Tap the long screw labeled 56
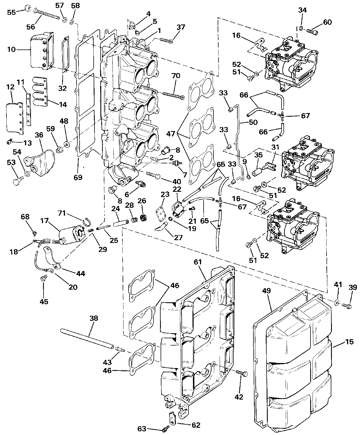click(x=47, y=14)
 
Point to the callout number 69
click(x=78, y=177)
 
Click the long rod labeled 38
click(x=87, y=338)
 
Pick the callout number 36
click(x=39, y=135)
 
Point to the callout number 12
click(x=10, y=88)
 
